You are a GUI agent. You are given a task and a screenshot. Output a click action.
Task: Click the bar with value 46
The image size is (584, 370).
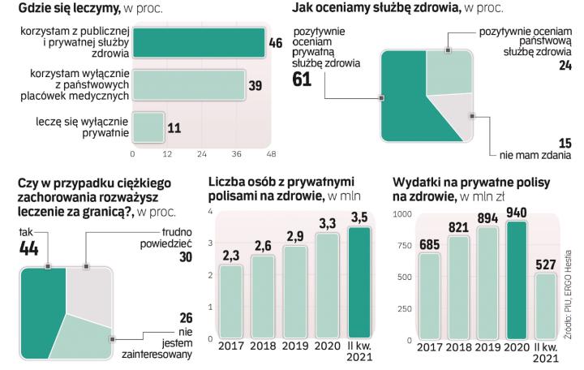[x=198, y=43]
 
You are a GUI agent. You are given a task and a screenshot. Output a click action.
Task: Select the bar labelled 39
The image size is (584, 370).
[x=188, y=85]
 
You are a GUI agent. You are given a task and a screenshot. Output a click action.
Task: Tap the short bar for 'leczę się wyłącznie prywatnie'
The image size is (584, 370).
[x=148, y=127]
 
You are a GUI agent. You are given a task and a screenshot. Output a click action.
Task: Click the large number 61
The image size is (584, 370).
[x=303, y=80]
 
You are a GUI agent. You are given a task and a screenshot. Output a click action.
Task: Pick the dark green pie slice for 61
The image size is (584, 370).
[x=406, y=105]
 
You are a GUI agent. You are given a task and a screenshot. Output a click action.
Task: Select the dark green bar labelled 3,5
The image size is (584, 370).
[x=359, y=282]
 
